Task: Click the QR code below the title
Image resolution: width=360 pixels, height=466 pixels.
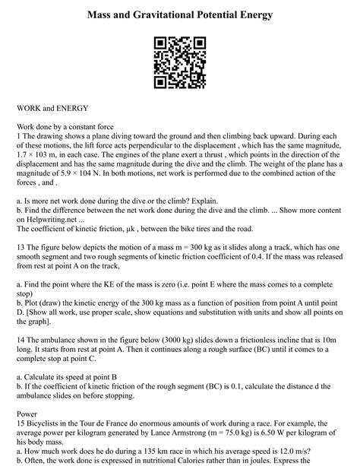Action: (180, 63)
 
